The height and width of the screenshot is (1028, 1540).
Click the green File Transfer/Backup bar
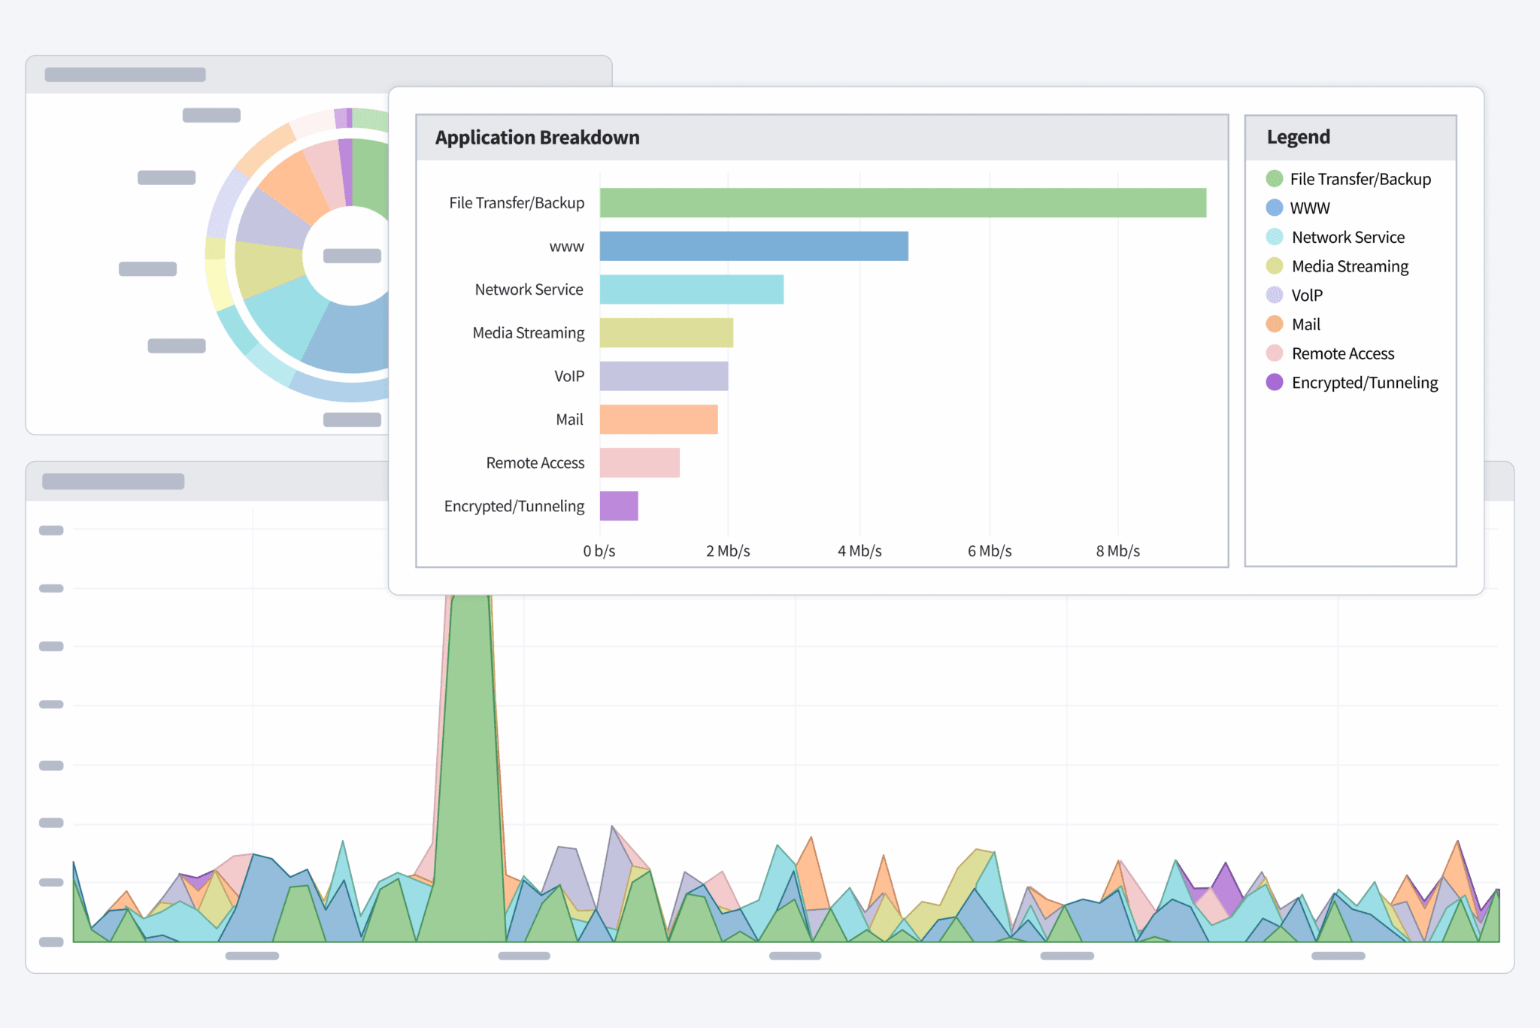point(902,203)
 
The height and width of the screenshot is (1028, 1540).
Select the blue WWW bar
point(753,246)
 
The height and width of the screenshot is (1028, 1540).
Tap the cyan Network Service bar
point(691,290)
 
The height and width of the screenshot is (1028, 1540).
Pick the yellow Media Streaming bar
point(666,332)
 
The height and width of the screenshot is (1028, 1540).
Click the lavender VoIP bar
point(663,376)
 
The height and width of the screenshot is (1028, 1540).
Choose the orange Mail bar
point(658,420)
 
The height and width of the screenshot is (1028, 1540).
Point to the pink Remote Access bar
point(639,462)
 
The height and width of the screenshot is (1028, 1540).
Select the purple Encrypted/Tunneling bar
point(618,506)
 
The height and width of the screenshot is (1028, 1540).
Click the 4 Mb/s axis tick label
point(859,551)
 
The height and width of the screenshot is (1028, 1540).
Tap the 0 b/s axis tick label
point(599,551)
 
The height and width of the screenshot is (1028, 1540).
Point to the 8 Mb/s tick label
point(1117,551)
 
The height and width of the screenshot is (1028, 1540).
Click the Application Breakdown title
point(537,138)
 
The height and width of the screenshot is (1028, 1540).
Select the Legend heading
point(1298,137)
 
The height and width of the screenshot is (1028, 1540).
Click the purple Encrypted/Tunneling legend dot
point(1274,382)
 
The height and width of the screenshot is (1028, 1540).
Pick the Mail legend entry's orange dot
point(1274,324)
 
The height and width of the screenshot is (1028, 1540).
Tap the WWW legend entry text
point(1309,208)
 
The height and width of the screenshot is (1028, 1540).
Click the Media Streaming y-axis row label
point(528,332)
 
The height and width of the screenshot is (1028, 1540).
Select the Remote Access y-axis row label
point(535,462)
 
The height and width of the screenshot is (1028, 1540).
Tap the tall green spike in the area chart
point(470,752)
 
